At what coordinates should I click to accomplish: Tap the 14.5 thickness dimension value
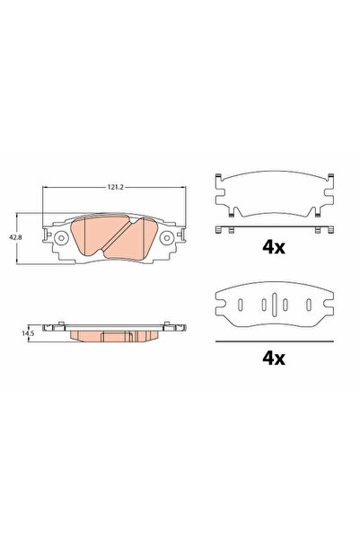pos(31,333)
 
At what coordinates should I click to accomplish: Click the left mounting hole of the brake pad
pos(60,239)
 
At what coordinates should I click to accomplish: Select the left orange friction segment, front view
pos(94,238)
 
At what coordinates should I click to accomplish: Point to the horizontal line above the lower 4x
pos(272,341)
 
